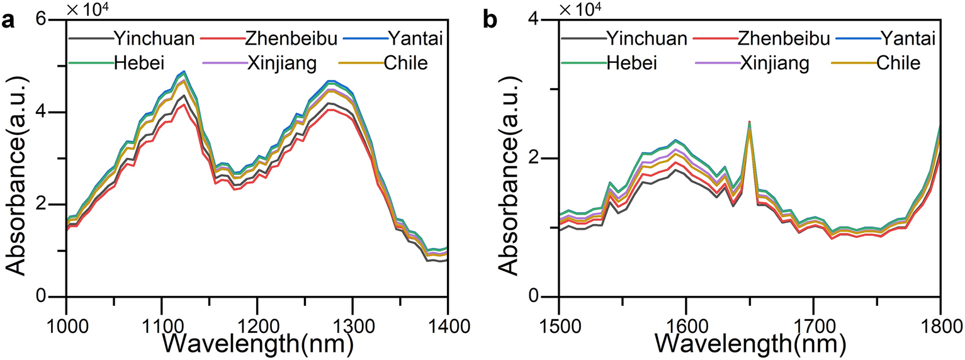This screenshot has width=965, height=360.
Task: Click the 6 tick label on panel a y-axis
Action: click(x=57, y=20)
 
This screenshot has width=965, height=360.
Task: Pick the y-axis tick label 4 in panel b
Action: click(x=551, y=20)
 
